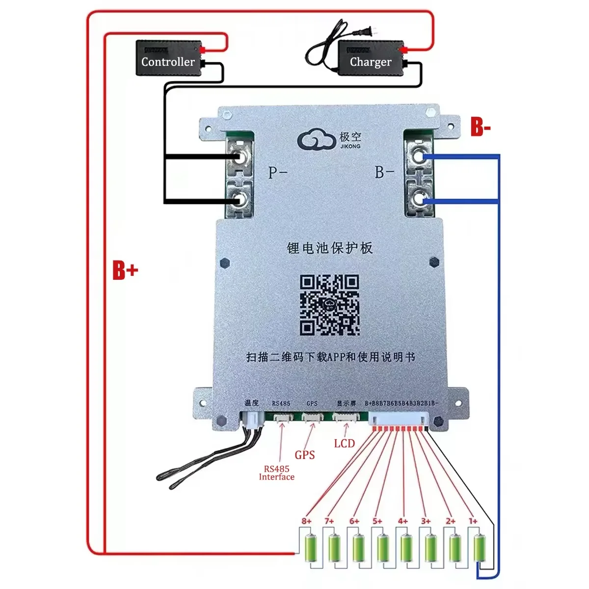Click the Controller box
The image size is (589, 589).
click(168, 58)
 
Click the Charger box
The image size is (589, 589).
click(371, 58)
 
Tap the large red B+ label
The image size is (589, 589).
click(125, 270)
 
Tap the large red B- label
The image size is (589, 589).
click(480, 127)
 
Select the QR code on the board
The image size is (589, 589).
click(329, 305)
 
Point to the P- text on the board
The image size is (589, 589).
click(277, 172)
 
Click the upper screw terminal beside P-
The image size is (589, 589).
click(240, 158)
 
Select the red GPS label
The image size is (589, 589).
click(304, 455)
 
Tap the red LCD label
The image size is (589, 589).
click(344, 444)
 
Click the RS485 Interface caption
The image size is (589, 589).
click(276, 473)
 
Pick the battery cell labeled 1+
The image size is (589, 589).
click(479, 548)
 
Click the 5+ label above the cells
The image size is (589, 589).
click(377, 521)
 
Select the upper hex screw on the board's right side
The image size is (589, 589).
click(434, 263)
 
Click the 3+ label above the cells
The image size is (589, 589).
click(426, 521)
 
